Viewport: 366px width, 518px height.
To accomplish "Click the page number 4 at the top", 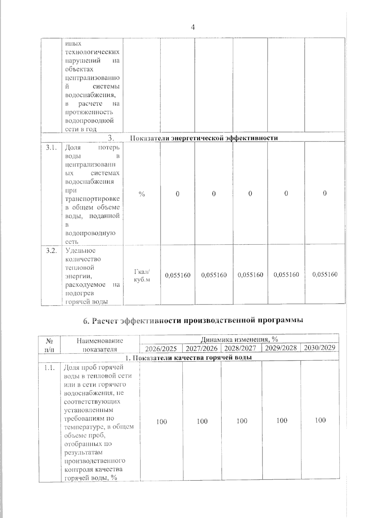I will tap(192, 27).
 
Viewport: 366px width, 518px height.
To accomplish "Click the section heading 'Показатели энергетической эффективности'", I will tap(204, 138).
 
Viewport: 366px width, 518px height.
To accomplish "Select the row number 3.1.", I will tap(51, 148).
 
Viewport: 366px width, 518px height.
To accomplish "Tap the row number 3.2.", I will tap(51, 251).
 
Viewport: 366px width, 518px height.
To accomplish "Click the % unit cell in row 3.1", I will tap(142, 194).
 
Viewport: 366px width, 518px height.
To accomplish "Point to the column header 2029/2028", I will tap(281, 348).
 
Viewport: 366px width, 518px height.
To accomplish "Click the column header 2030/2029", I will tap(319, 348).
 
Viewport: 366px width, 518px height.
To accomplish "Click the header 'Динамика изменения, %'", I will tap(239, 339).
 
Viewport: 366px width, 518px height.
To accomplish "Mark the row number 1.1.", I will tap(49, 368).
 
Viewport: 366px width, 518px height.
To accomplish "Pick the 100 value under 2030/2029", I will tap(320, 420).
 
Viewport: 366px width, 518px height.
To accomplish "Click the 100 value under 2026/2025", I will tap(161, 422).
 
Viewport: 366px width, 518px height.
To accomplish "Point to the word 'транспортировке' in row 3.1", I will tap(92, 199).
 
